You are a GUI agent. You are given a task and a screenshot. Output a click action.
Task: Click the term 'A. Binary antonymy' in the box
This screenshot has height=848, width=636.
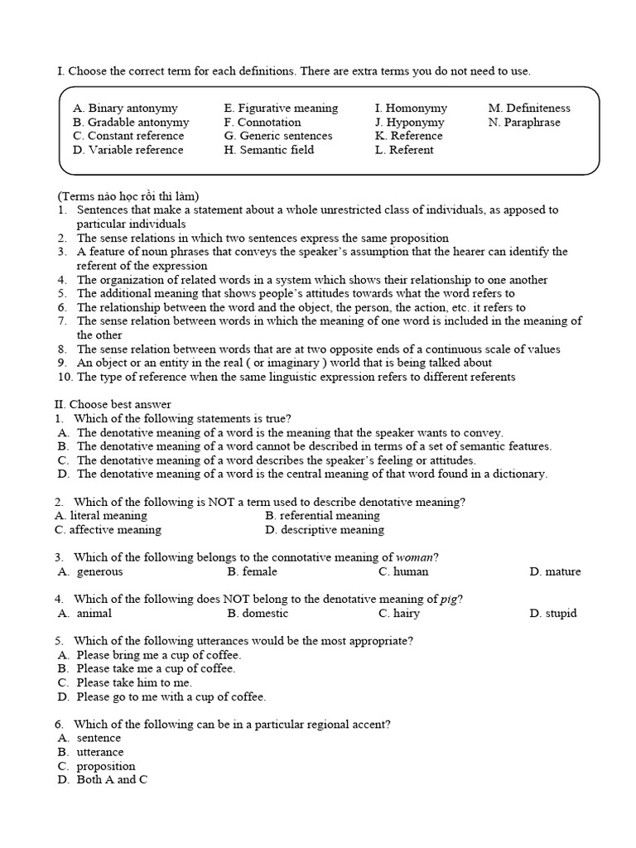[x=125, y=108]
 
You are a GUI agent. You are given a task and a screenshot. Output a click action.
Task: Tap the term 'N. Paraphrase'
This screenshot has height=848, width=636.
[x=524, y=123]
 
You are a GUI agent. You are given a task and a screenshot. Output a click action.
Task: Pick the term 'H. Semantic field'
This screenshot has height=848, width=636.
[x=269, y=150]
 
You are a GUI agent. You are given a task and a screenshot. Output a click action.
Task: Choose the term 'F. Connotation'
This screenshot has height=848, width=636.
[x=263, y=123]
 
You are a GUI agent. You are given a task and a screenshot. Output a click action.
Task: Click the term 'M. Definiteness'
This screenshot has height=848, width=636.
[x=529, y=108]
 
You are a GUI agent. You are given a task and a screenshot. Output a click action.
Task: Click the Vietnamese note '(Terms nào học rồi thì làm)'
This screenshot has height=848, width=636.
[x=128, y=196]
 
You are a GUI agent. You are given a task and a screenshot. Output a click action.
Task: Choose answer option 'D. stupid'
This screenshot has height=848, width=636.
[x=553, y=614]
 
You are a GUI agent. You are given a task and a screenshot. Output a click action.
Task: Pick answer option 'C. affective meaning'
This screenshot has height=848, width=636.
[x=108, y=530]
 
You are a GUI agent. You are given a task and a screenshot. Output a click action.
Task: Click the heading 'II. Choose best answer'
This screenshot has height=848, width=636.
[x=113, y=404]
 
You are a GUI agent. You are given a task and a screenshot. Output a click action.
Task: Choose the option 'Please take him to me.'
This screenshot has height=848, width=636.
[x=134, y=683]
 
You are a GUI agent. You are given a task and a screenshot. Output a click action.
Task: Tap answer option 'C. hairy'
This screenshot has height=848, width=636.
[x=399, y=614]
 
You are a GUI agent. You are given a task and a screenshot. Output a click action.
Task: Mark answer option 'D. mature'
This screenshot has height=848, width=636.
[x=555, y=571]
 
